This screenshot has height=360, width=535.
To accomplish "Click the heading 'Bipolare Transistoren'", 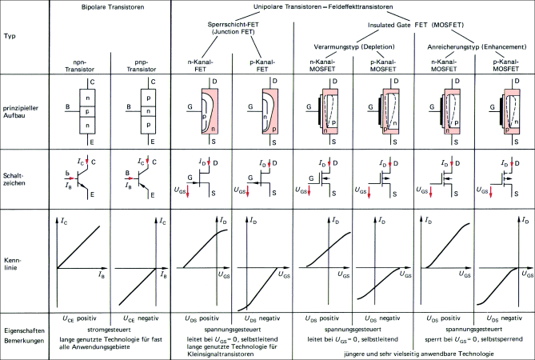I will pyautogui.click(x=111, y=7).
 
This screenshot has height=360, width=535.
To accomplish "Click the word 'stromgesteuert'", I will pyautogui.click(x=111, y=327).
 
